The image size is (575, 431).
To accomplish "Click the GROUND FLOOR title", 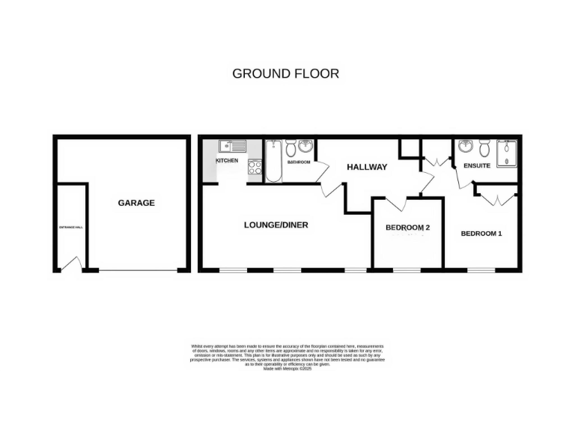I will click(x=285, y=73).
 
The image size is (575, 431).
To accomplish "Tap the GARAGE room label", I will click(x=136, y=203).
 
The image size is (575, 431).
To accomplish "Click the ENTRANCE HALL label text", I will click(x=70, y=227).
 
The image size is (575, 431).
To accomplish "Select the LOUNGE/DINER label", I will click(x=276, y=224).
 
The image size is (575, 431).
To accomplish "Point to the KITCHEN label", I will click(x=227, y=161).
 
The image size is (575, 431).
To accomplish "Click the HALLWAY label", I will click(x=366, y=167).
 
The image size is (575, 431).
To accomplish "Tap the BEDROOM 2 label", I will click(x=407, y=227).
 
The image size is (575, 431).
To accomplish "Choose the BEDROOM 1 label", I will click(x=481, y=233).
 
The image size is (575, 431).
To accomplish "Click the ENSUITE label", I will click(x=477, y=165).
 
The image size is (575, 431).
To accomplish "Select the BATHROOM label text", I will click(x=299, y=162).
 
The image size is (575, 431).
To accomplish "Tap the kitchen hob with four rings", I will click(x=254, y=168).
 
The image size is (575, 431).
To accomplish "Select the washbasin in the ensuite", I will click(x=465, y=146).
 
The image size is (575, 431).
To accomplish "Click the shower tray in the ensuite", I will click(x=507, y=153).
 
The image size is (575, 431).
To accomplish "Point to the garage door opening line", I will click(x=136, y=269).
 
